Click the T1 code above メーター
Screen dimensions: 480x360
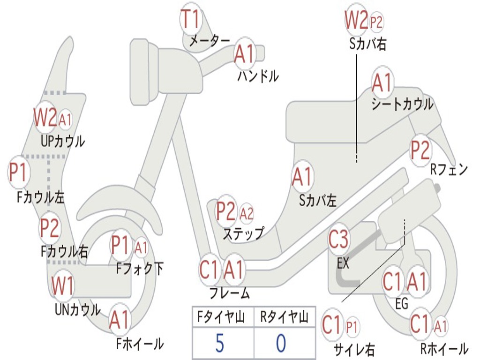click(191, 19)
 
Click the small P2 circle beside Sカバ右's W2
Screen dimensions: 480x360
click(376, 22)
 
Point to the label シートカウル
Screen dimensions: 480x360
click(402, 105)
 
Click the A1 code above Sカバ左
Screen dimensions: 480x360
click(302, 178)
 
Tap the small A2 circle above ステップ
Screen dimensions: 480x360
click(247, 214)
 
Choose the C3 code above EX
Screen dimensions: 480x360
click(338, 240)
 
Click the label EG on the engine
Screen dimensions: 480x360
click(402, 304)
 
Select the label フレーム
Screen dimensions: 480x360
click(229, 294)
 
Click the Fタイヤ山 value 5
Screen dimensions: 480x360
click(219, 344)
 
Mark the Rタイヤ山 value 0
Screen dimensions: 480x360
click(280, 344)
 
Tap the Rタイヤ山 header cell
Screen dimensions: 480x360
click(284, 318)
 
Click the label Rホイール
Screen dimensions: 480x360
click(443, 349)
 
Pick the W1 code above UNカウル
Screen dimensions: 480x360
click(62, 285)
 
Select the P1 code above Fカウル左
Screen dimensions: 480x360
click(18, 173)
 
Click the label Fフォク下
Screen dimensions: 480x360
click(140, 269)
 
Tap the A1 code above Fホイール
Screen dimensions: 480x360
click(119, 321)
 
